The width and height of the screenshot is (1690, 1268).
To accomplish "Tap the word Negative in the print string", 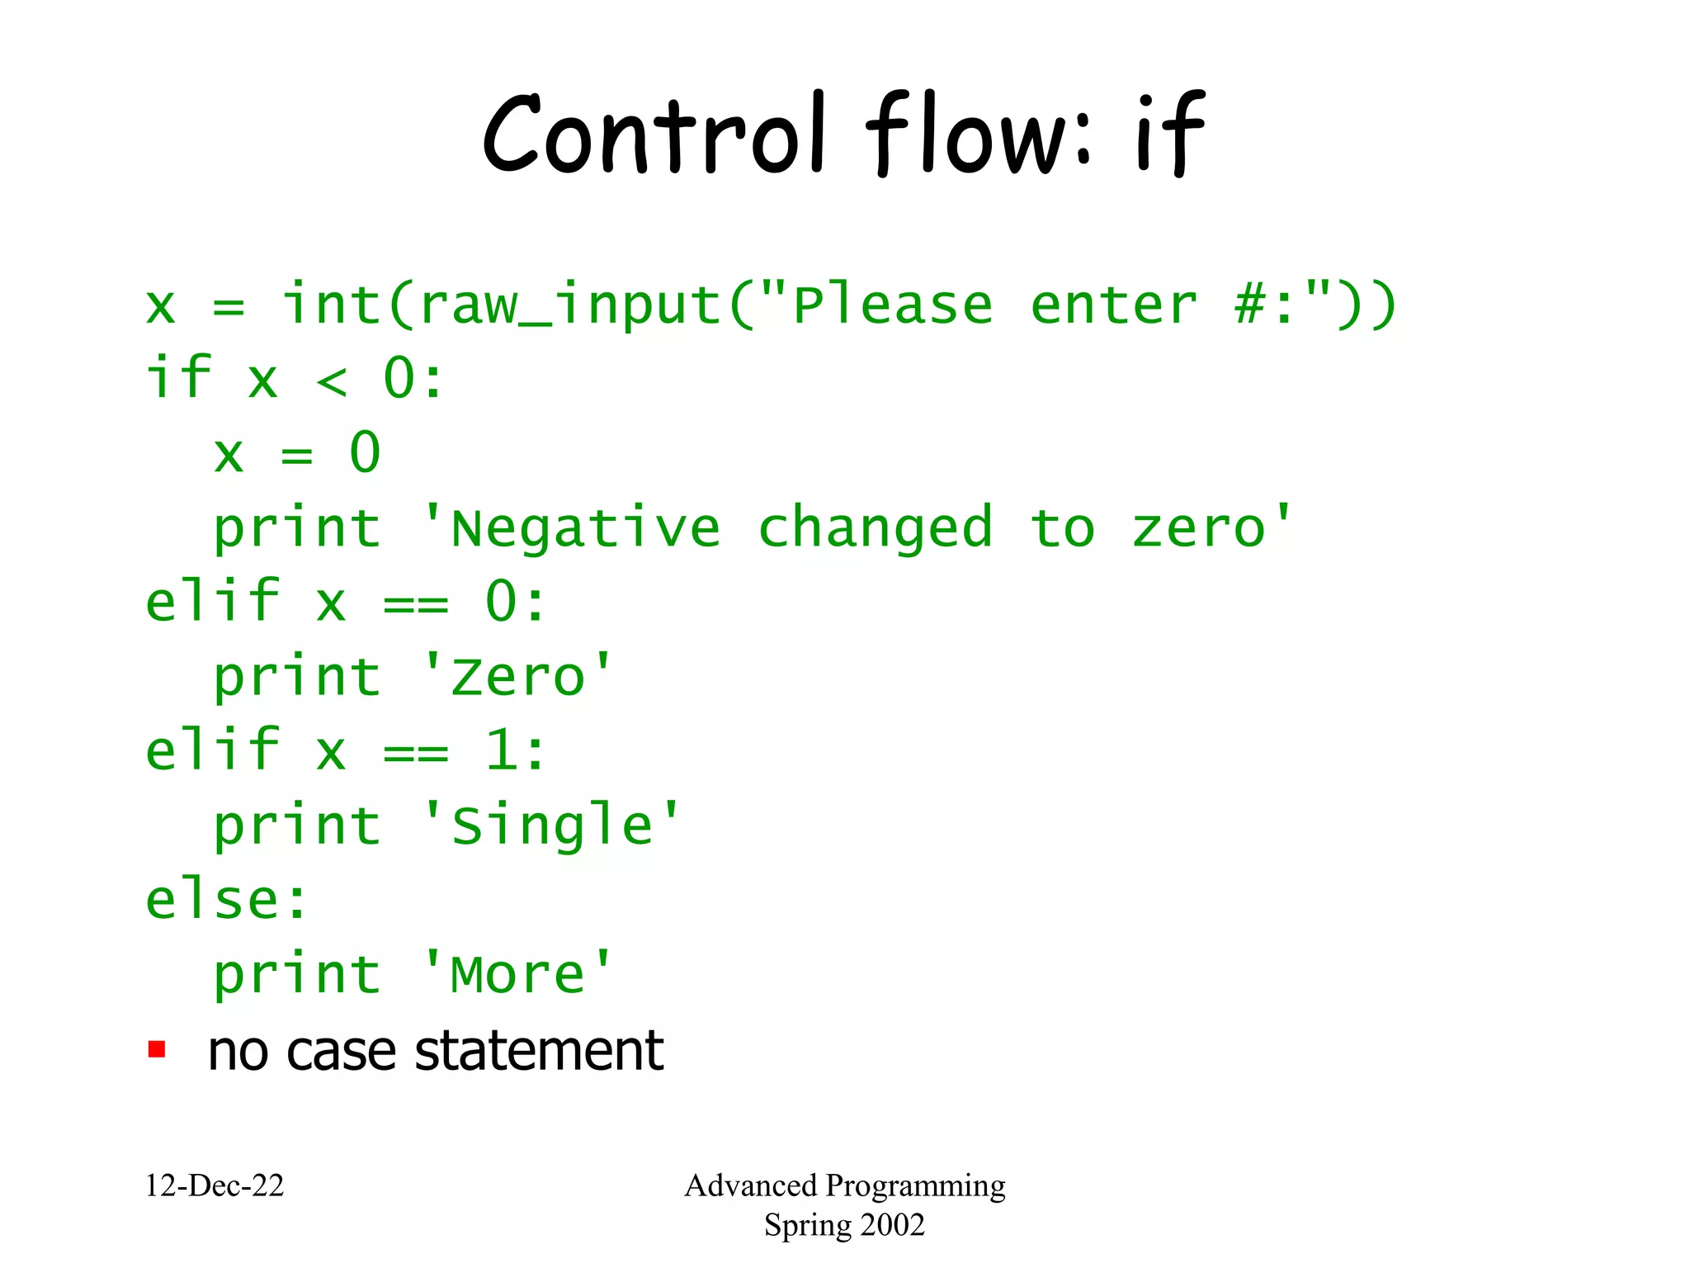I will point(585,528).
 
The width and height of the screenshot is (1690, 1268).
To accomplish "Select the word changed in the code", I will point(875,528).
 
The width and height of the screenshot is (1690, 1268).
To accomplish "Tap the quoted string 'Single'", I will point(551,826).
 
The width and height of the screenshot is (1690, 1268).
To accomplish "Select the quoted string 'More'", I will point(517,974).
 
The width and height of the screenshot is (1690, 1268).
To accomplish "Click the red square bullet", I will point(157,1049).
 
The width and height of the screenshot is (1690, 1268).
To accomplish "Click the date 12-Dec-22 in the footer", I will point(215,1185).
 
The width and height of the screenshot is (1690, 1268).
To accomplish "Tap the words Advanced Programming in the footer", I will point(844,1185).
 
